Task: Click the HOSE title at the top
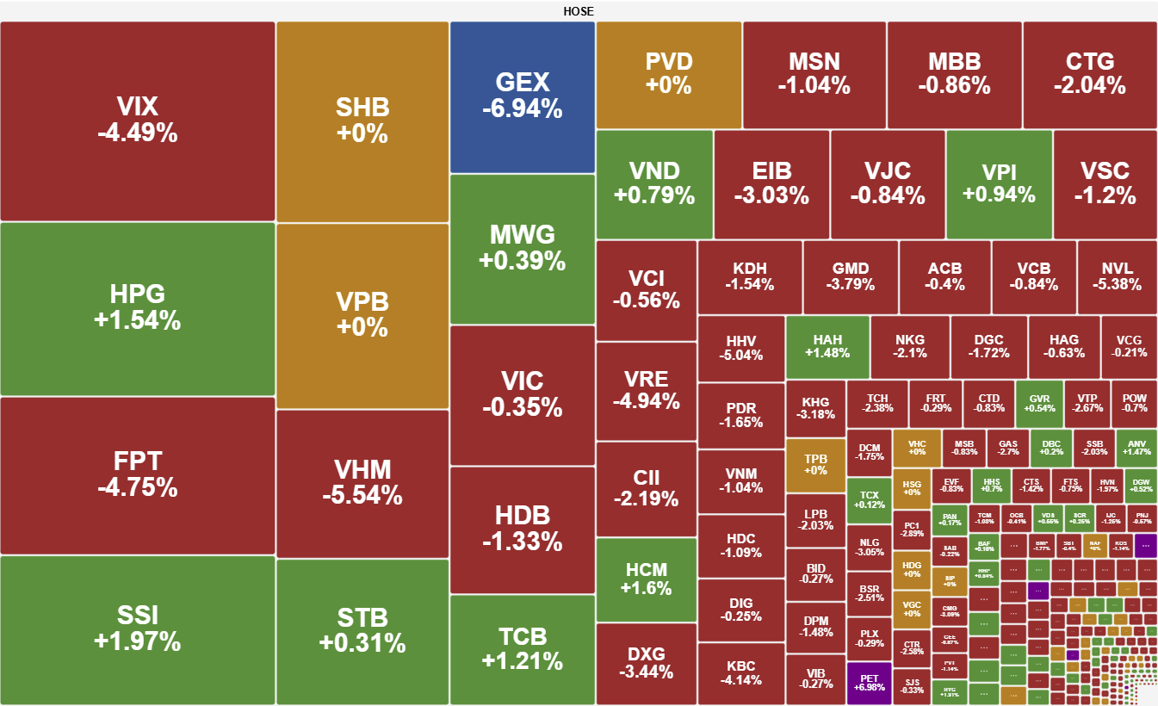(x=579, y=11)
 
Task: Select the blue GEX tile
(x=523, y=96)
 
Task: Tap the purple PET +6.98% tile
(x=869, y=683)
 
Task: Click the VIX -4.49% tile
(x=138, y=121)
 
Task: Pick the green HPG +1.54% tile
(x=138, y=308)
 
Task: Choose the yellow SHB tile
(x=362, y=121)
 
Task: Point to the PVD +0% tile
(x=669, y=74)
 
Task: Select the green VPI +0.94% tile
(x=999, y=183)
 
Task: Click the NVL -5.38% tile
(x=1118, y=276)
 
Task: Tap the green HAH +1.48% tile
(x=827, y=347)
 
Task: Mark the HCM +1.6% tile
(x=647, y=579)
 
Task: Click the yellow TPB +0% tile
(x=815, y=465)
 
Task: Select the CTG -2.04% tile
(x=1090, y=74)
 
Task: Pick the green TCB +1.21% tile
(x=523, y=648)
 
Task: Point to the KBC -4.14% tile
(x=740, y=673)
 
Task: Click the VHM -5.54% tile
(x=362, y=482)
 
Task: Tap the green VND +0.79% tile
(x=654, y=183)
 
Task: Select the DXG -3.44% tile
(x=647, y=664)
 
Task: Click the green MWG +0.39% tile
(x=523, y=248)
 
